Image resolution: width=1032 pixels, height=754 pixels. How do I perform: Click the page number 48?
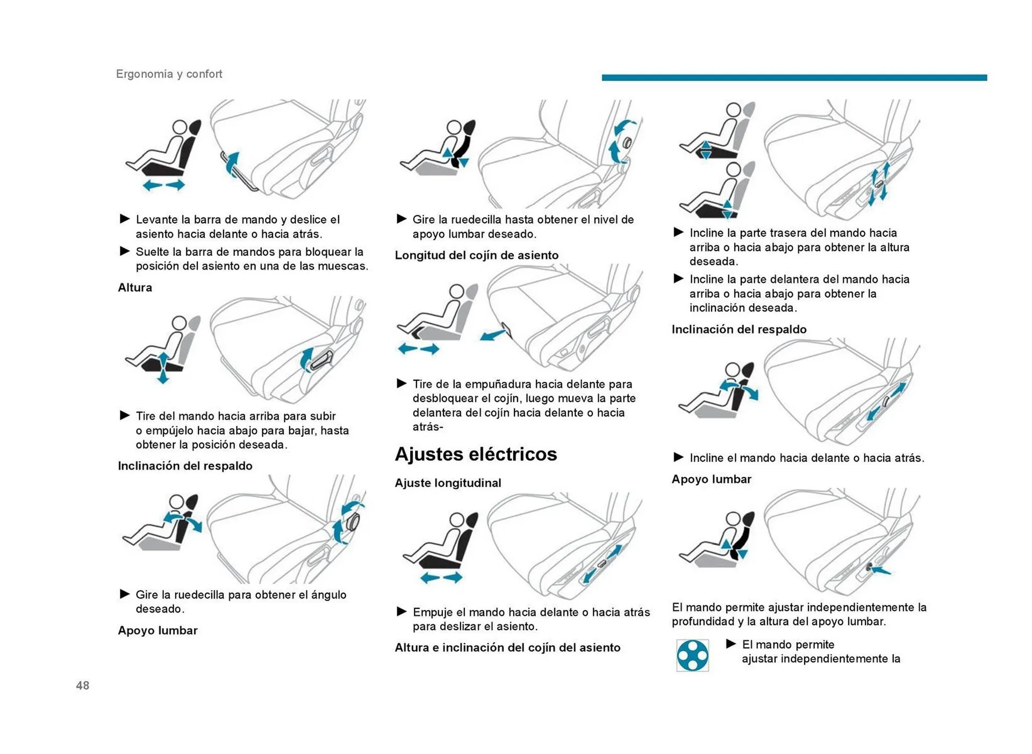coord(82,685)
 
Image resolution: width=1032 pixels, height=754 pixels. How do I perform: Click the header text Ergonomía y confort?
coord(169,74)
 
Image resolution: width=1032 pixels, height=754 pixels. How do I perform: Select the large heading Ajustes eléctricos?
coord(475,454)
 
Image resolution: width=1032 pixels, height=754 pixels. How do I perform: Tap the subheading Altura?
coord(135,287)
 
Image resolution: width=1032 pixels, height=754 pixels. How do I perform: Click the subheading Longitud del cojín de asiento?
coord(476,255)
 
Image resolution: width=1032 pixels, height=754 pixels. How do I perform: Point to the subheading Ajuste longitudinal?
coord(447,482)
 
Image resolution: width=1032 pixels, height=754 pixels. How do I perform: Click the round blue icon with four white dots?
coord(692,655)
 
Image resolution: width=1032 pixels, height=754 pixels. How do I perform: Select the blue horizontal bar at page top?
coord(793,77)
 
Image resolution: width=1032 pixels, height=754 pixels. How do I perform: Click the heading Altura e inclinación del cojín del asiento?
coord(507,647)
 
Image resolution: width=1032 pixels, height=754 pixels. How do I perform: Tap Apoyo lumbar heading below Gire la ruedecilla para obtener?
coord(157,630)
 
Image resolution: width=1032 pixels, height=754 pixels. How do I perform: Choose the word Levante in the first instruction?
coord(156,219)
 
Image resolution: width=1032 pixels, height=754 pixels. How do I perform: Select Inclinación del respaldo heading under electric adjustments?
coord(739,329)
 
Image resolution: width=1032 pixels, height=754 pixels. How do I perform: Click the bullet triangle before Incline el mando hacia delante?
coord(678,457)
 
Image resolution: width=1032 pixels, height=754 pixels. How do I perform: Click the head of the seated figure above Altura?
coord(180,127)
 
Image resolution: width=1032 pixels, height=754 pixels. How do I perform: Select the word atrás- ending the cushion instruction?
coord(428,426)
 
